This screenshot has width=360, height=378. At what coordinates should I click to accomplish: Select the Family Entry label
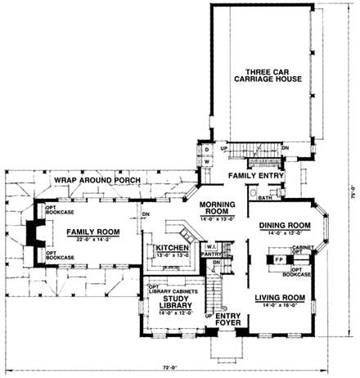point(254,176)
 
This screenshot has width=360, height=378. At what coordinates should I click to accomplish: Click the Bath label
point(264,198)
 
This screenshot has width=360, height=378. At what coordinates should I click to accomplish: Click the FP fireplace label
point(278,262)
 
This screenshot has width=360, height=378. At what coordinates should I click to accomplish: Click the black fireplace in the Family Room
point(31,232)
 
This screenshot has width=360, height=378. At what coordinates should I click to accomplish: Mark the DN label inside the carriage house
point(284,147)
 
